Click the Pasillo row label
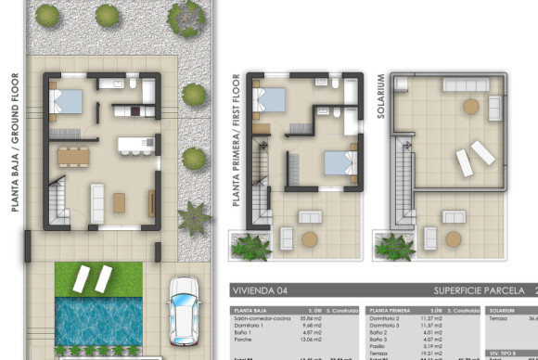click(380, 345)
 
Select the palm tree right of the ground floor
click(195, 219)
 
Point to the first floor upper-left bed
click(273, 99)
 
